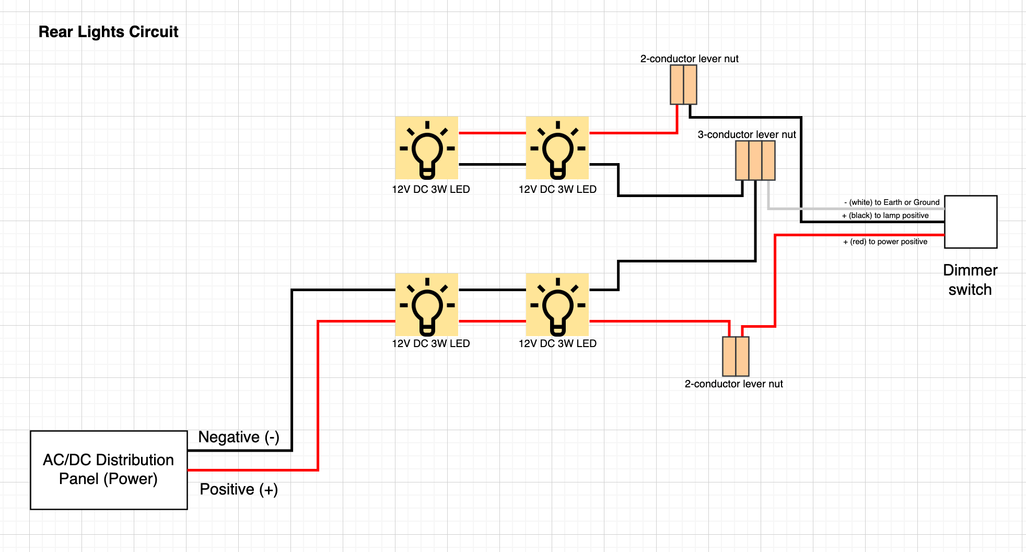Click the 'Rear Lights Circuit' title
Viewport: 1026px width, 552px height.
108,32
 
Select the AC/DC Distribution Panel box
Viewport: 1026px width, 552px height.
109,469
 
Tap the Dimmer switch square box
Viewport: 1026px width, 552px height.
971,222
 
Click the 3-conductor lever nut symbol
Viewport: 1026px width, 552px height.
755,160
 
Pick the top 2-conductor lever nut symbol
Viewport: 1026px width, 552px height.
683,85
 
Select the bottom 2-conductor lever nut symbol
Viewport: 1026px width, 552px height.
736,356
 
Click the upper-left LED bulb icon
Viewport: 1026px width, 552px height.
427,148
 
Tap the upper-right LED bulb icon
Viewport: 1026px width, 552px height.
557,148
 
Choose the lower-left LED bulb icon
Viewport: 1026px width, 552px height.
427,305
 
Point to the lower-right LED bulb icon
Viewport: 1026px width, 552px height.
557,305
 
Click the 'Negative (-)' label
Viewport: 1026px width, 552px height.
239,436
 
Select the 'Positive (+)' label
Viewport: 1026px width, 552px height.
239,489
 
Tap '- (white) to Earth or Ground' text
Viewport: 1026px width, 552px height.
891,202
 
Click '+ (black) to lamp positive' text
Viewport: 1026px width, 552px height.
885,215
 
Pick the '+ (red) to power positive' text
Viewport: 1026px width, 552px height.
885,241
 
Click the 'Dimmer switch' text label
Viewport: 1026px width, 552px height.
970,280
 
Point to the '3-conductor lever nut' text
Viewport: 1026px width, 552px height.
747,134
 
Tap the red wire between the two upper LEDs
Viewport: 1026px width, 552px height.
492,133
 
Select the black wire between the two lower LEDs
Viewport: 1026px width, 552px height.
492,290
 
